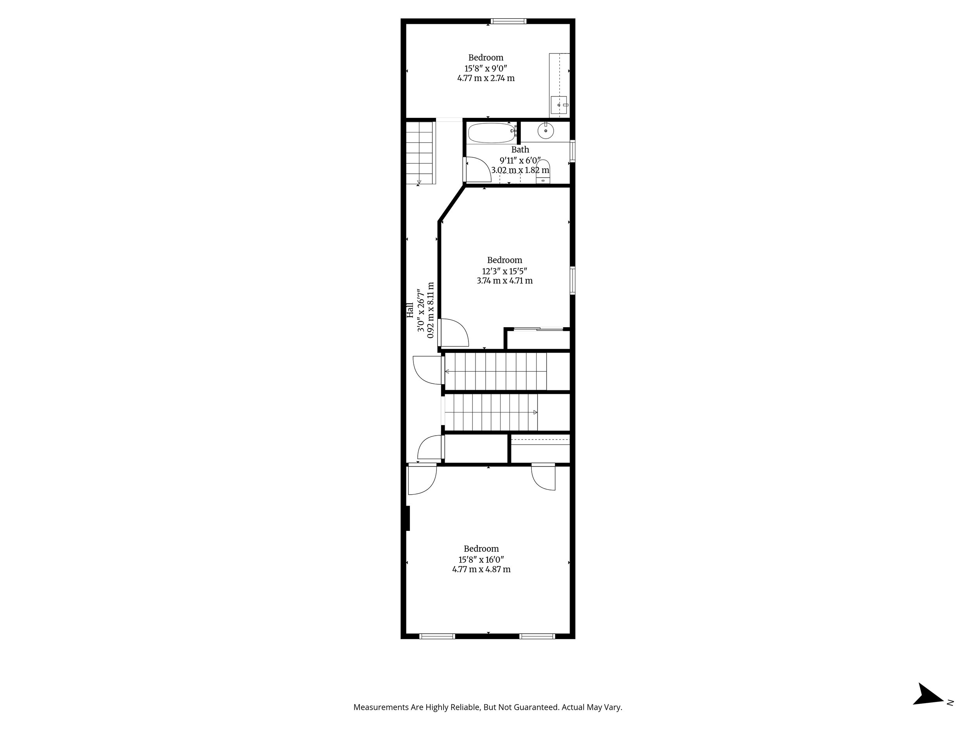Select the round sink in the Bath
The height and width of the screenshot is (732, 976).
click(546, 131)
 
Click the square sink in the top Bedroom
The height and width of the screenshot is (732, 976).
click(559, 105)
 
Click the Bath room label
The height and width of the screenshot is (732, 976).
click(520, 150)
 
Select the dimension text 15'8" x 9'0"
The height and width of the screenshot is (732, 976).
click(486, 68)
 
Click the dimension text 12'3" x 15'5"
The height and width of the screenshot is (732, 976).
click(504, 271)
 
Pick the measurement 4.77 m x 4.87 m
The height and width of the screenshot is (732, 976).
click(481, 569)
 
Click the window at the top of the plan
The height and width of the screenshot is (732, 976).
click(508, 21)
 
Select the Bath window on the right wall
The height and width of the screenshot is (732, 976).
click(572, 151)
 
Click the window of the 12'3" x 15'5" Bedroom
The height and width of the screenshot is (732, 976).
click(572, 280)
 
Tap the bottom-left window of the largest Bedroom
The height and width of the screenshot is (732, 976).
click(437, 636)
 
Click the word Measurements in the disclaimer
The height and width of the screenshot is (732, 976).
click(381, 707)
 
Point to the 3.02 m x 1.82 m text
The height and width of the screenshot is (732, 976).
click(520, 170)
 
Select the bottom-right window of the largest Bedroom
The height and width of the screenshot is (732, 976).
click(536, 636)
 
